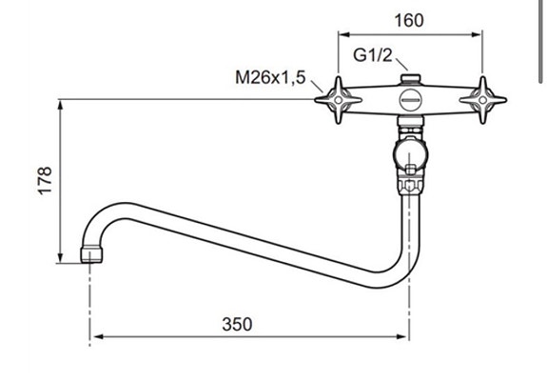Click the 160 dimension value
[410, 20]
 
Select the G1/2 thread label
[373, 55]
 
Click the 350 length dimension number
[237, 324]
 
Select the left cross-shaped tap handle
[339, 98]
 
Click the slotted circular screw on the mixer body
[411, 99]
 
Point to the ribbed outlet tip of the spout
[89, 254]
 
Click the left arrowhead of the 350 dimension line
[97, 336]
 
